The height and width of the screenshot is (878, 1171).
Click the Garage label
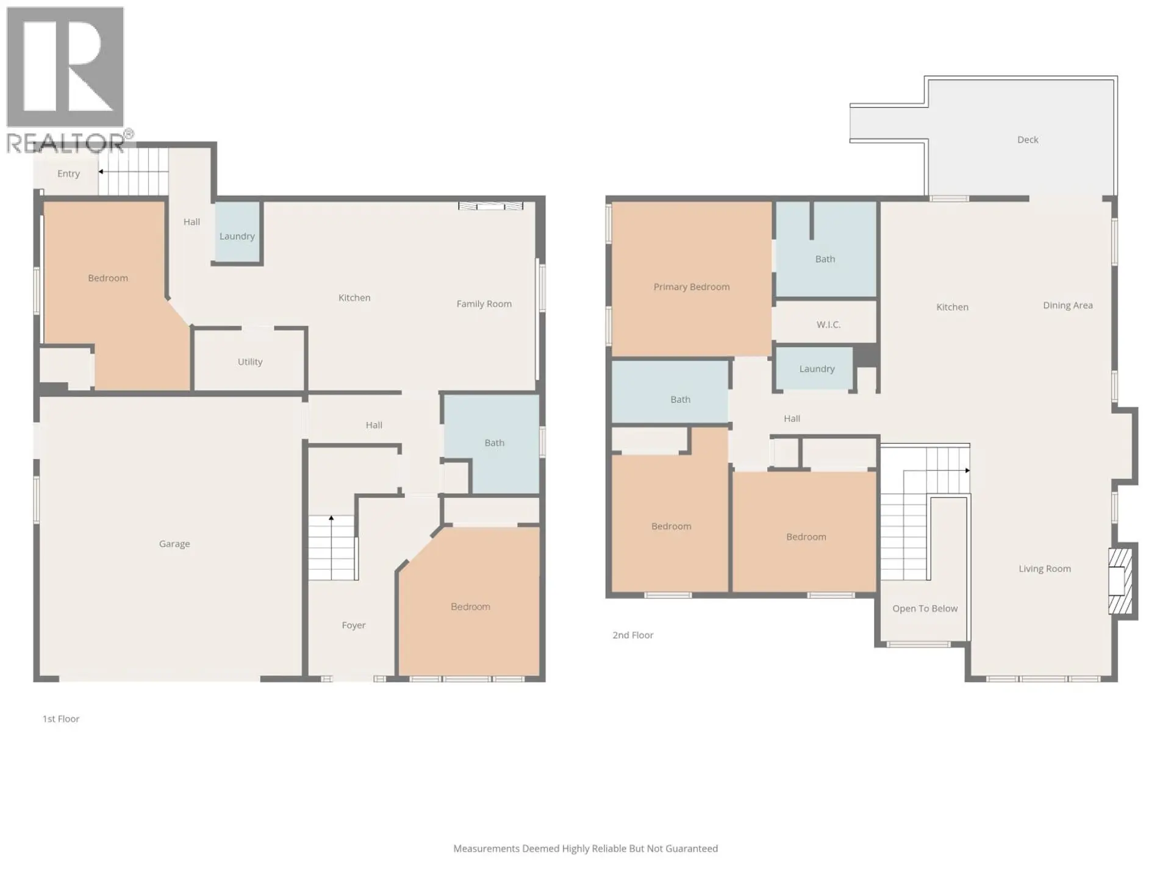coord(174,543)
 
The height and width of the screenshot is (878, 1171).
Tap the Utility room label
coord(249,362)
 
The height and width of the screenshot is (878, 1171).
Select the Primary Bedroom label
coord(691,287)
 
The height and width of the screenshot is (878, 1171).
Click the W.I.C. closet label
coord(828,324)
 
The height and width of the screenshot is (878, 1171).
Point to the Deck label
coord(1027,140)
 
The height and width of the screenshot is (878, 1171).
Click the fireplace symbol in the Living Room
coord(1119,581)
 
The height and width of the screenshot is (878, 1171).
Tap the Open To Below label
coord(925,609)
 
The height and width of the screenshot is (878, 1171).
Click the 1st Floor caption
coord(61,719)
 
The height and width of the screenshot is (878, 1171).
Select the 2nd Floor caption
coord(632,635)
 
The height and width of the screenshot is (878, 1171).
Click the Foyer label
coord(353,625)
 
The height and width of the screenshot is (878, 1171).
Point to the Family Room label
coord(484,304)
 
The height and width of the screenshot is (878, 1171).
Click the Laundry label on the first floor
coord(237,236)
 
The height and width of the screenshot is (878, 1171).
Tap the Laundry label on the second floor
coord(817,369)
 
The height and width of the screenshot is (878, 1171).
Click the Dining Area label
coord(1067,305)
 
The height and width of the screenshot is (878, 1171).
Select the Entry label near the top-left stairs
coord(68,174)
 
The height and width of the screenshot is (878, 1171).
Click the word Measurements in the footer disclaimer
coord(486,848)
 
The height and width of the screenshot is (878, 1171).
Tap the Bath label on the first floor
coord(494,443)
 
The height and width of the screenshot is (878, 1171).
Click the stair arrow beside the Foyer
coord(331,519)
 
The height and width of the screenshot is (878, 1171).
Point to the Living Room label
coord(1044,569)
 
